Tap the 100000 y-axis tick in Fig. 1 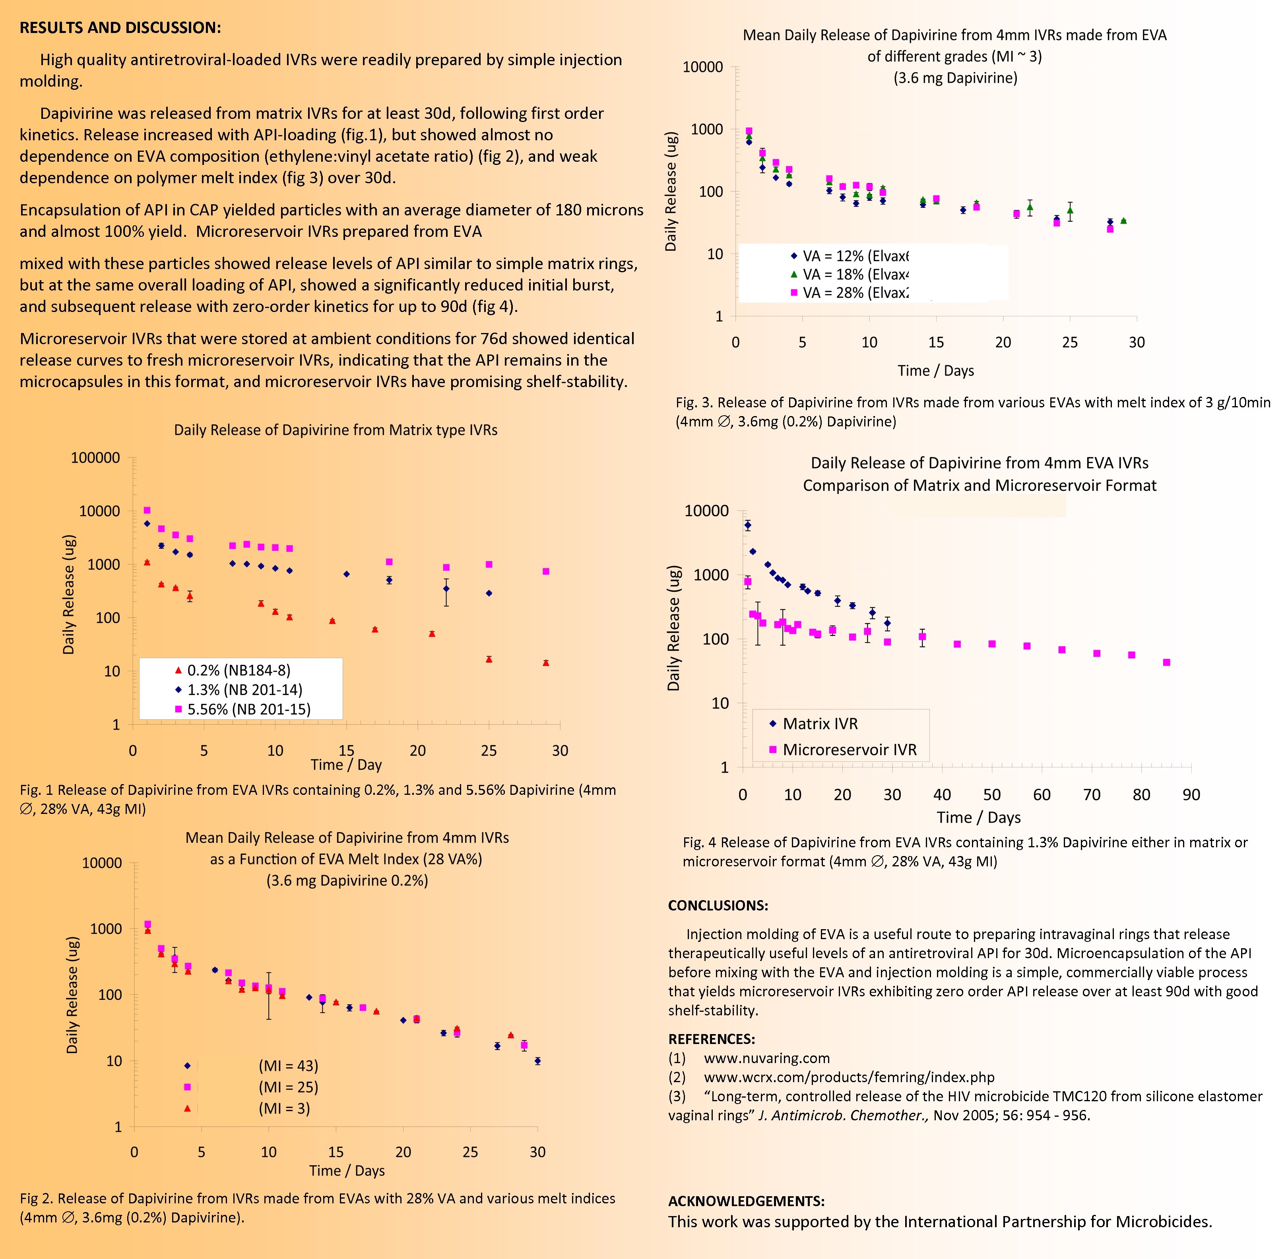95,457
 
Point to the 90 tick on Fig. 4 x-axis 1191,795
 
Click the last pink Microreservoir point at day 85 1166,662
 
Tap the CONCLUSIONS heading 718,906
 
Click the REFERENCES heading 711,1039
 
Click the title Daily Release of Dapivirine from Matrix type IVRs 336,430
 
